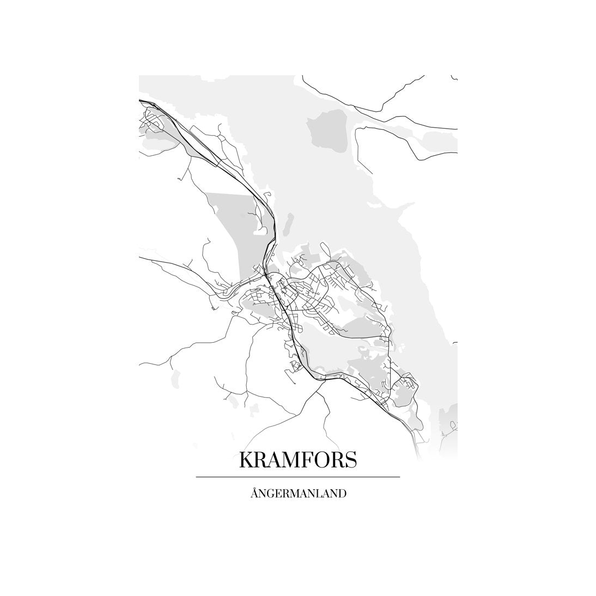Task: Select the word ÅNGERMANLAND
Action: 298,494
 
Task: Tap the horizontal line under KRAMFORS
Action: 298,477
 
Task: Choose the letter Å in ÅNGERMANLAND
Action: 254,494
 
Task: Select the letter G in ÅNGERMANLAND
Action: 271,494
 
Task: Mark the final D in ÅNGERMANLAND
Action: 343,494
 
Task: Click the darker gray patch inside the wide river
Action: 327,133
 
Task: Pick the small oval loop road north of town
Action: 325,250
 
